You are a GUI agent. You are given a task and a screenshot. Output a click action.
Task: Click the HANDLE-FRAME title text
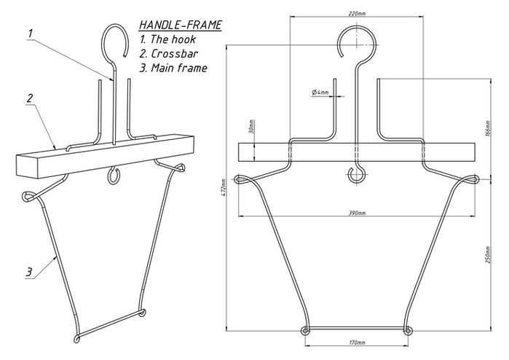point(181,25)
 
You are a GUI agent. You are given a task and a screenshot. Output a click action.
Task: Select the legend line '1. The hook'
point(167,39)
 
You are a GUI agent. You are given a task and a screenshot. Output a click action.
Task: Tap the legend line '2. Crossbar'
point(169,54)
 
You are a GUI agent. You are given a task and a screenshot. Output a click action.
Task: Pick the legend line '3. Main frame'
point(173,68)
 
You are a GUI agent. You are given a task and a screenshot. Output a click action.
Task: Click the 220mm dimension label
point(357,14)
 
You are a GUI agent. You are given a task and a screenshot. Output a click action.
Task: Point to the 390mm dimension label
point(357,213)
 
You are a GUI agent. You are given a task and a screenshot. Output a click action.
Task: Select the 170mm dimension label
point(357,343)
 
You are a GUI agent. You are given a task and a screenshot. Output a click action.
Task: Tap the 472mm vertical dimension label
point(224,188)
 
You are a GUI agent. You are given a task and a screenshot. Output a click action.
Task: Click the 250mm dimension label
point(489,254)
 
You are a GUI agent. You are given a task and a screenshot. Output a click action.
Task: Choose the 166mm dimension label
point(489,128)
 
